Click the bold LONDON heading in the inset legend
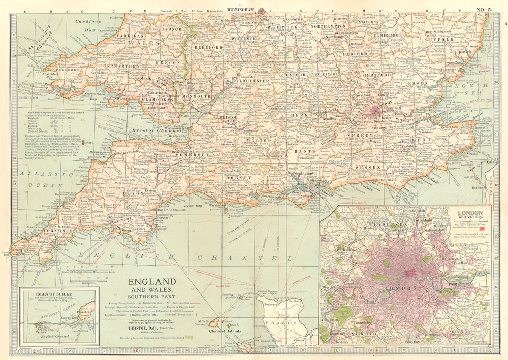[x=470, y=213]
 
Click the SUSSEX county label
[x=368, y=167]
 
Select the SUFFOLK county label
[x=451, y=38]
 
